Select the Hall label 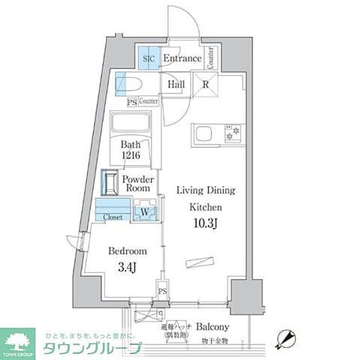[x=176, y=85]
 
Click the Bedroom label [x=125, y=251]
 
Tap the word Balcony [x=213, y=328]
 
